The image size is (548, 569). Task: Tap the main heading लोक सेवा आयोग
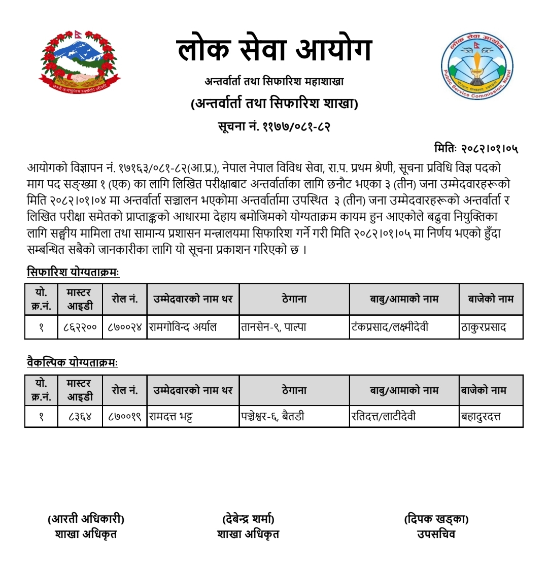coord(275,51)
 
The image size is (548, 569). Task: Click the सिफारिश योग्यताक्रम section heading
coord(73,272)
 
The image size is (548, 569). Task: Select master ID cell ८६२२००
coord(80,327)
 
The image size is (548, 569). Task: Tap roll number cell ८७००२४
coord(125,327)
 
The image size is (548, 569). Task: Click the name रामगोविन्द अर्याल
coord(183,327)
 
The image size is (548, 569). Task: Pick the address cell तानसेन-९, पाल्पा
coord(274,327)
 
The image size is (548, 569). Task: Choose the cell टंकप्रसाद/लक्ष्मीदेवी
coord(390,327)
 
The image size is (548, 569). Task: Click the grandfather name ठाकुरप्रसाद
coord(483,327)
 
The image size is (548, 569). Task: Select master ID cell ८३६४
coord(80,417)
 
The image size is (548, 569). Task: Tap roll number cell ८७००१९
coord(125,417)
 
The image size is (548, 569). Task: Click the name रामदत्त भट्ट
coord(170,417)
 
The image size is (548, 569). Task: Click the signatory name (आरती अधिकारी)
coord(86,519)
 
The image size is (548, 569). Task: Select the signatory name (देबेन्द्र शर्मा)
coord(248,519)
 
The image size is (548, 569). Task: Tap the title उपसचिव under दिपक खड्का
coord(436,534)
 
